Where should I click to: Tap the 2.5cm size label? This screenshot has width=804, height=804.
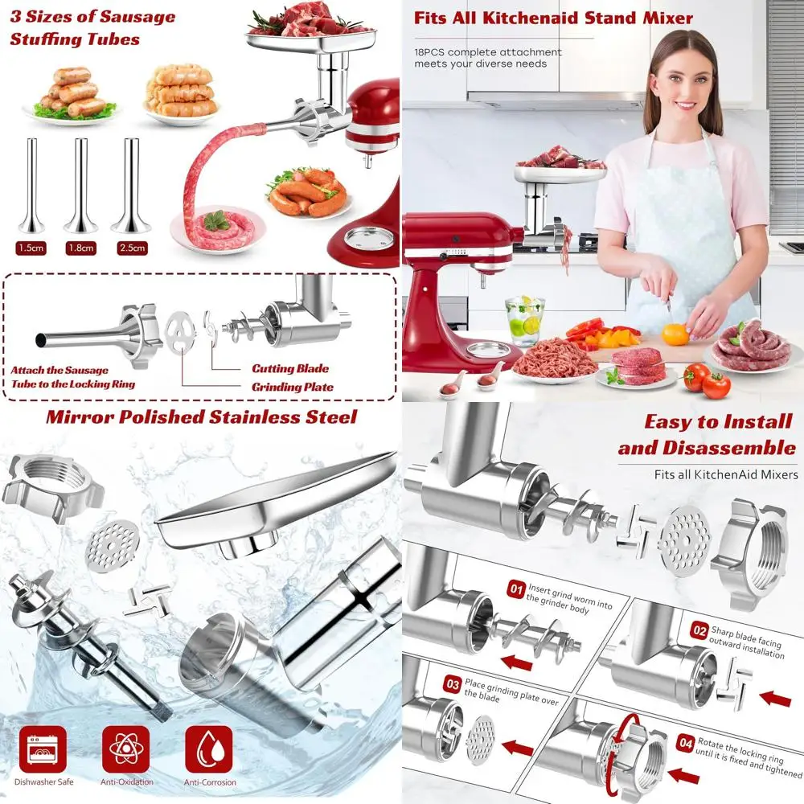(130, 248)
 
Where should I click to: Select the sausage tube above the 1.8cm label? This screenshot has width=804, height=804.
(80, 186)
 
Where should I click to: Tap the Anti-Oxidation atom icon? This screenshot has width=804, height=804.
(125, 751)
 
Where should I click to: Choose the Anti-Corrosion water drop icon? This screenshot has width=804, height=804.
(209, 751)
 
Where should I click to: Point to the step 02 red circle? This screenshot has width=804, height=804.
(698, 631)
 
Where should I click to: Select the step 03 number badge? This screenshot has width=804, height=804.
(453, 683)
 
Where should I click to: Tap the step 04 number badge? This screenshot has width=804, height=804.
(684, 745)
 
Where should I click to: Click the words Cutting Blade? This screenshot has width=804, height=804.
(289, 369)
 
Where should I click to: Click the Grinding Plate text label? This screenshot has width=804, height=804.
(292, 387)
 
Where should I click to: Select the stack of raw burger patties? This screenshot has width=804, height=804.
(638, 366)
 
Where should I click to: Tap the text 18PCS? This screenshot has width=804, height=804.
(432, 52)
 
